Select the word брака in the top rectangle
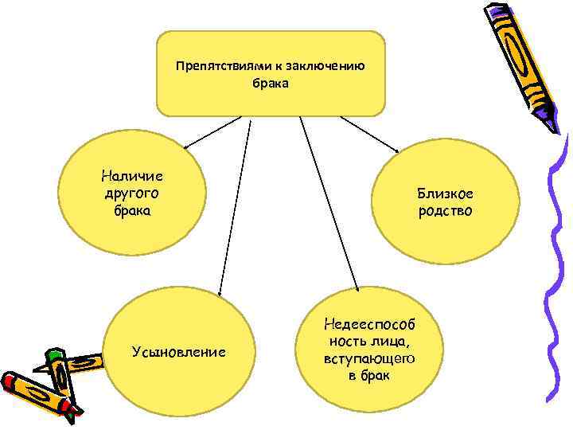coord(271,82)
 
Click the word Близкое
coord(445,193)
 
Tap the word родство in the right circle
coord(445,211)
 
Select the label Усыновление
coord(178,351)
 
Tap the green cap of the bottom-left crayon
coord(54,354)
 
